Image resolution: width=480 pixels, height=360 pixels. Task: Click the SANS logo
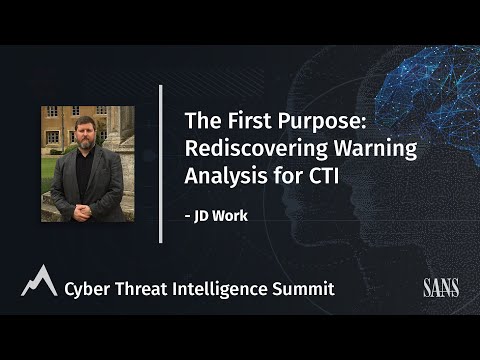440,289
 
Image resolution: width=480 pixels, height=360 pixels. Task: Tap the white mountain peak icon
37,282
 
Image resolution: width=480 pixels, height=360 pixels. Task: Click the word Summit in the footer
307,289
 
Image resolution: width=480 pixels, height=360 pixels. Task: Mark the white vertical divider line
160,163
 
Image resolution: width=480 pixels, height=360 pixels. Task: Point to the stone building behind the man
60,130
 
